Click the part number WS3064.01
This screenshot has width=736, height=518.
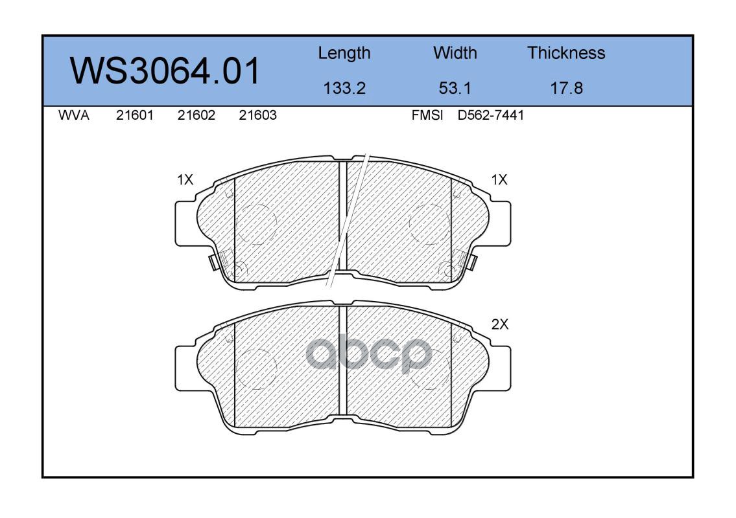tap(165, 71)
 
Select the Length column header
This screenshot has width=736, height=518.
tap(344, 54)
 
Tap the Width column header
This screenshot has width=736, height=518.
tap(455, 52)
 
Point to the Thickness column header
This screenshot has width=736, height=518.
tap(566, 52)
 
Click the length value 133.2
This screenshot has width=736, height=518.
tap(344, 88)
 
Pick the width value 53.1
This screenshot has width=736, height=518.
tap(455, 88)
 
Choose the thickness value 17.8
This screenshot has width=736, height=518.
tap(566, 88)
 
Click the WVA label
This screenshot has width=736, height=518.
tap(74, 115)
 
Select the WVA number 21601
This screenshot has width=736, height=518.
tap(135, 115)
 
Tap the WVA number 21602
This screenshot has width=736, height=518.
tap(196, 115)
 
